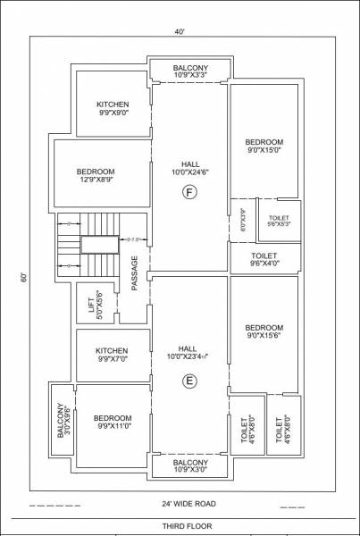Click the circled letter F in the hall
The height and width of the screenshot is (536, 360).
pos(188,192)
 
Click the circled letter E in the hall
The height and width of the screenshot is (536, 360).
pos(188,381)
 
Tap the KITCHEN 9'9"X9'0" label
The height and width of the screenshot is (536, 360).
pos(113,109)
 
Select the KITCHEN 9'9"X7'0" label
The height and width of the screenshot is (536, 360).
pos(113,355)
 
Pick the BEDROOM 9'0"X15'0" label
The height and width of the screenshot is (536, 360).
pos(264,147)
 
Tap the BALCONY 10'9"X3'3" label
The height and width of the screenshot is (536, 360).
pos(190,71)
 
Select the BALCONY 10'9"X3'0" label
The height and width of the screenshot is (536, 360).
pos(190,465)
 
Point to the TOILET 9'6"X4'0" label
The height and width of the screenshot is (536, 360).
pos(264,259)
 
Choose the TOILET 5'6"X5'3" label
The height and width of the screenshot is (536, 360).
pos(279,220)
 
